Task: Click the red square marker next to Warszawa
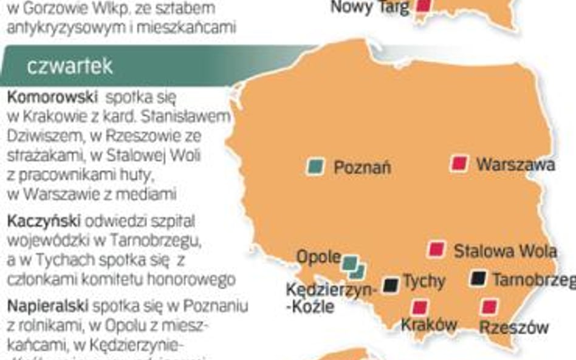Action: tap(460, 163)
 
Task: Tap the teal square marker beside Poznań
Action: tap(315, 166)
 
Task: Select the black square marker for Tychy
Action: tap(391, 284)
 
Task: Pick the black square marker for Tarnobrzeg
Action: tap(479, 278)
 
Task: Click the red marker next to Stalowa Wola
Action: tap(436, 249)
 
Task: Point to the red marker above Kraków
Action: tap(419, 307)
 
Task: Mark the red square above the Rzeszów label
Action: tap(489, 307)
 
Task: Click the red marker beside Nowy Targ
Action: tap(423, 5)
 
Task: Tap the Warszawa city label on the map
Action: tap(515, 164)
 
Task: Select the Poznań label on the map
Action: tap(362, 168)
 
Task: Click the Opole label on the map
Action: tap(318, 257)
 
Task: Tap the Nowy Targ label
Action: tap(369, 7)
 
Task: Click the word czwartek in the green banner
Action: tap(70, 66)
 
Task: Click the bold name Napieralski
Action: tap(48, 304)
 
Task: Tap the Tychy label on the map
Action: tap(424, 281)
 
